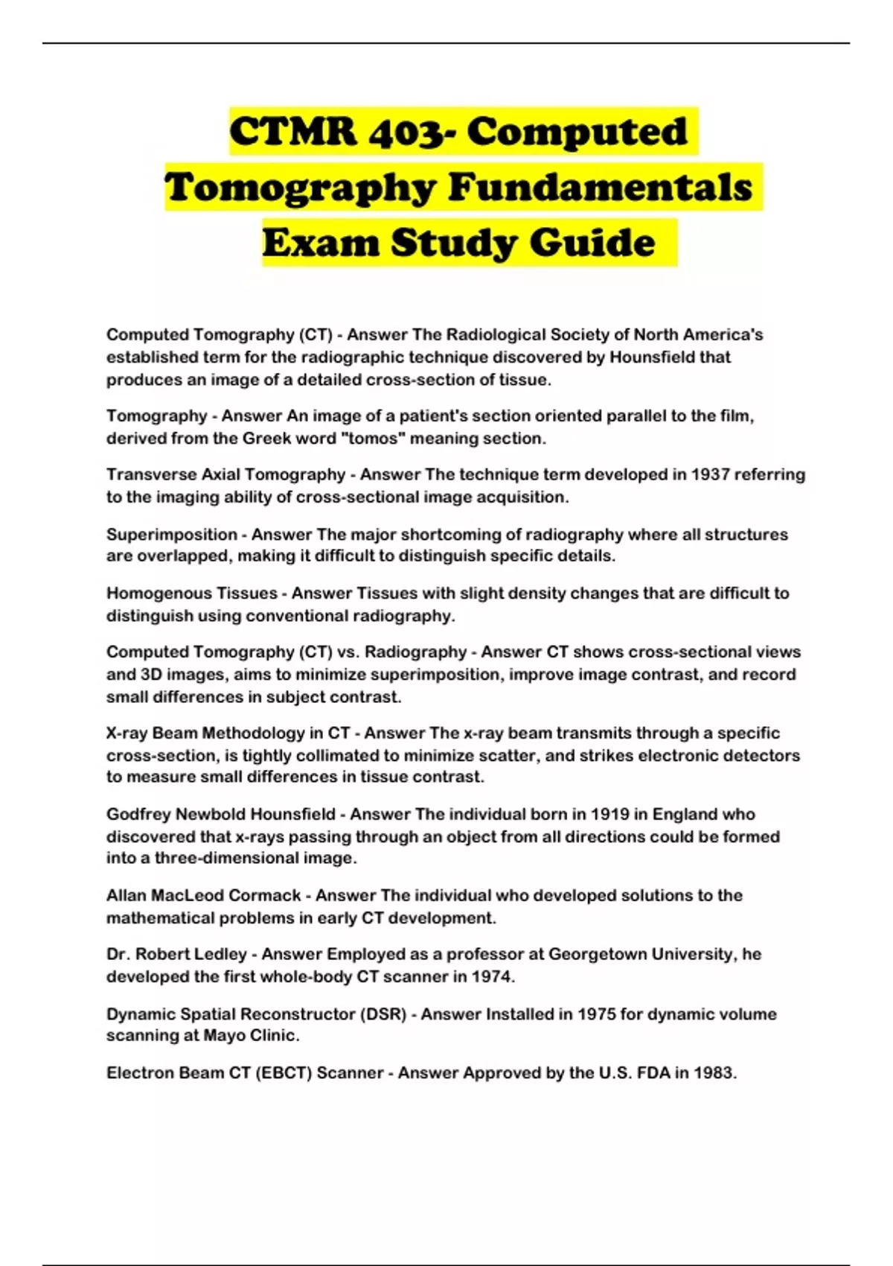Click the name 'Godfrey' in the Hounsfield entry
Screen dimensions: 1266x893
[138, 815]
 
